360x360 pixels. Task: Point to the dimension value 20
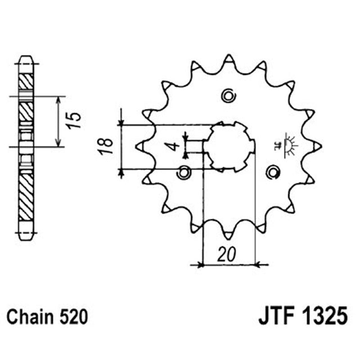228,254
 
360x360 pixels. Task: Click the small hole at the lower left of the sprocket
183,173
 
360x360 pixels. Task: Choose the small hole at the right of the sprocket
272,172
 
